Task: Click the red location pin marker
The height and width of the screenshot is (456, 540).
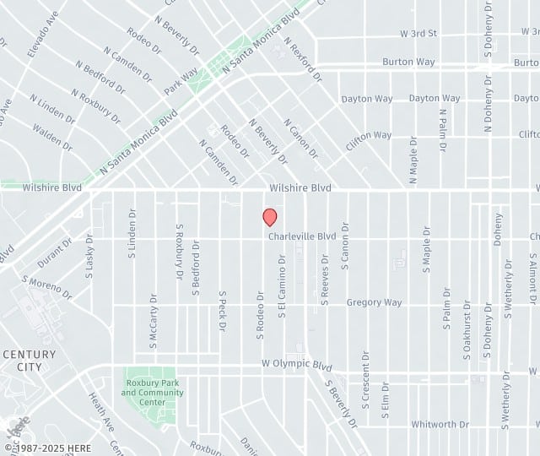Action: pos(270,217)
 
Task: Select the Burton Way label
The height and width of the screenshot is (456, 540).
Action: pos(409,62)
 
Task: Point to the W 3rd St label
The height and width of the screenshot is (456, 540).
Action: pos(418,34)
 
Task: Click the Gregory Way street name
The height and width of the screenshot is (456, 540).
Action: pos(375,302)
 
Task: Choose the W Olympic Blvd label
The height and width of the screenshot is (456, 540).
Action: pos(296,366)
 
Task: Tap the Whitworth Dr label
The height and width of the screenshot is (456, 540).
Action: pos(440,425)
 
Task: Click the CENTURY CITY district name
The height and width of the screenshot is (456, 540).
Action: pos(29,361)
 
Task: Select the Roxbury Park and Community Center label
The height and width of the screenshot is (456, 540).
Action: pos(153,387)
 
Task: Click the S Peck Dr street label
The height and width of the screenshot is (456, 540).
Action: pos(222,312)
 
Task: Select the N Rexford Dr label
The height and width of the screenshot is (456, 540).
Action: pos(303,59)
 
